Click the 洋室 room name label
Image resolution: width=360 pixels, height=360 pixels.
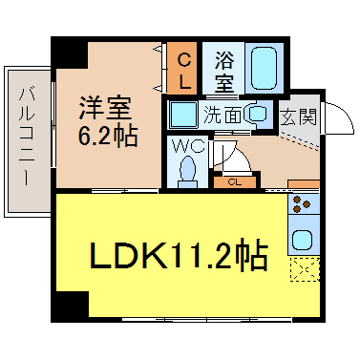click(105, 107)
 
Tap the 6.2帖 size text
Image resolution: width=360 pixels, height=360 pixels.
click(108, 136)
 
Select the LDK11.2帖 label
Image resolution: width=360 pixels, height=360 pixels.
click(179, 256)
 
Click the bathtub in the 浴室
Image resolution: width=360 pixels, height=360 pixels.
click(263, 68)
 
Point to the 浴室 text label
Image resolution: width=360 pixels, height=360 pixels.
click(224, 72)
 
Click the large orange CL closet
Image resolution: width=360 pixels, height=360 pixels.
click(181, 68)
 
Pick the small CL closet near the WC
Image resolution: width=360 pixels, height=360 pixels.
click(235, 182)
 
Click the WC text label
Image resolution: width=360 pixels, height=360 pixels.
click(188, 146)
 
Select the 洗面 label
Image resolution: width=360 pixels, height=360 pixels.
click(222, 115)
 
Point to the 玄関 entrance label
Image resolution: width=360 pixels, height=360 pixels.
click(299, 116)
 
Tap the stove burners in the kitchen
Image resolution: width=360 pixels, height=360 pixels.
click(301, 203)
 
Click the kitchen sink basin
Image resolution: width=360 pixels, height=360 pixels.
click(302, 240)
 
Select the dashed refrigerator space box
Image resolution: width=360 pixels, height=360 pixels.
click(305, 269)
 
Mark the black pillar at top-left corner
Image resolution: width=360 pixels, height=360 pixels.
click(70, 52)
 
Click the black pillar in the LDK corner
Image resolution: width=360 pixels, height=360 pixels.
click(70, 307)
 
